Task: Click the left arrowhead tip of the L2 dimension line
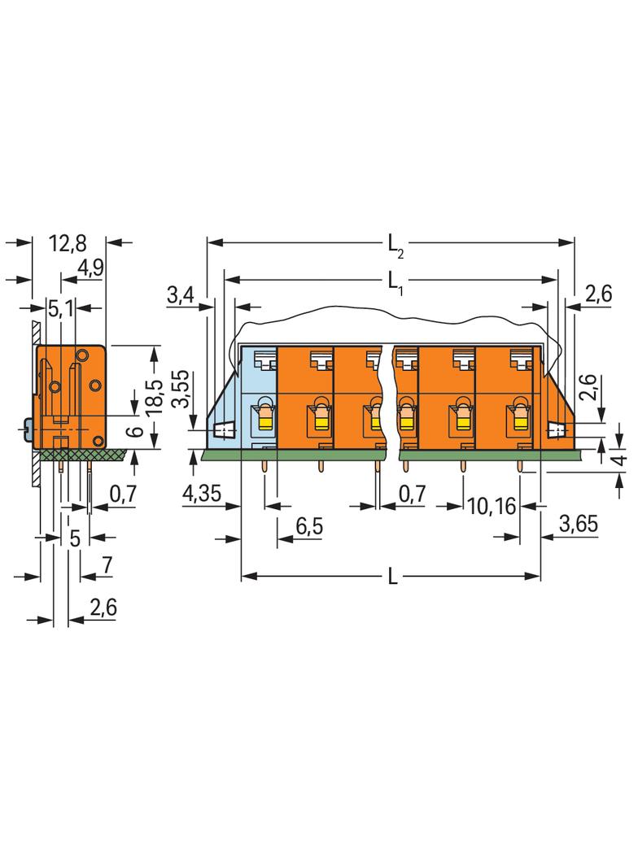(x=208, y=242)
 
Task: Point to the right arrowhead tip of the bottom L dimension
(x=540, y=576)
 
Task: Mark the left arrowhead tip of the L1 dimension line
(x=225, y=279)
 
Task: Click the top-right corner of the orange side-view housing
(x=105, y=346)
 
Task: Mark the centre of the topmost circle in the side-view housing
(x=82, y=355)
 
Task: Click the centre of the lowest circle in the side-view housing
(x=98, y=440)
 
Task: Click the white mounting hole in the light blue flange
(x=224, y=429)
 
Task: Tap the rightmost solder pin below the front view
(x=519, y=466)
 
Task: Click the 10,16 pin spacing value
(x=492, y=505)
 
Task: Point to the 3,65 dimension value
(x=579, y=523)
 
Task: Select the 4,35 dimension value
(x=202, y=492)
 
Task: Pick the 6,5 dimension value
(x=309, y=526)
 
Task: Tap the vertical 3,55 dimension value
(x=181, y=389)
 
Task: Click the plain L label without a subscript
(x=392, y=577)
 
